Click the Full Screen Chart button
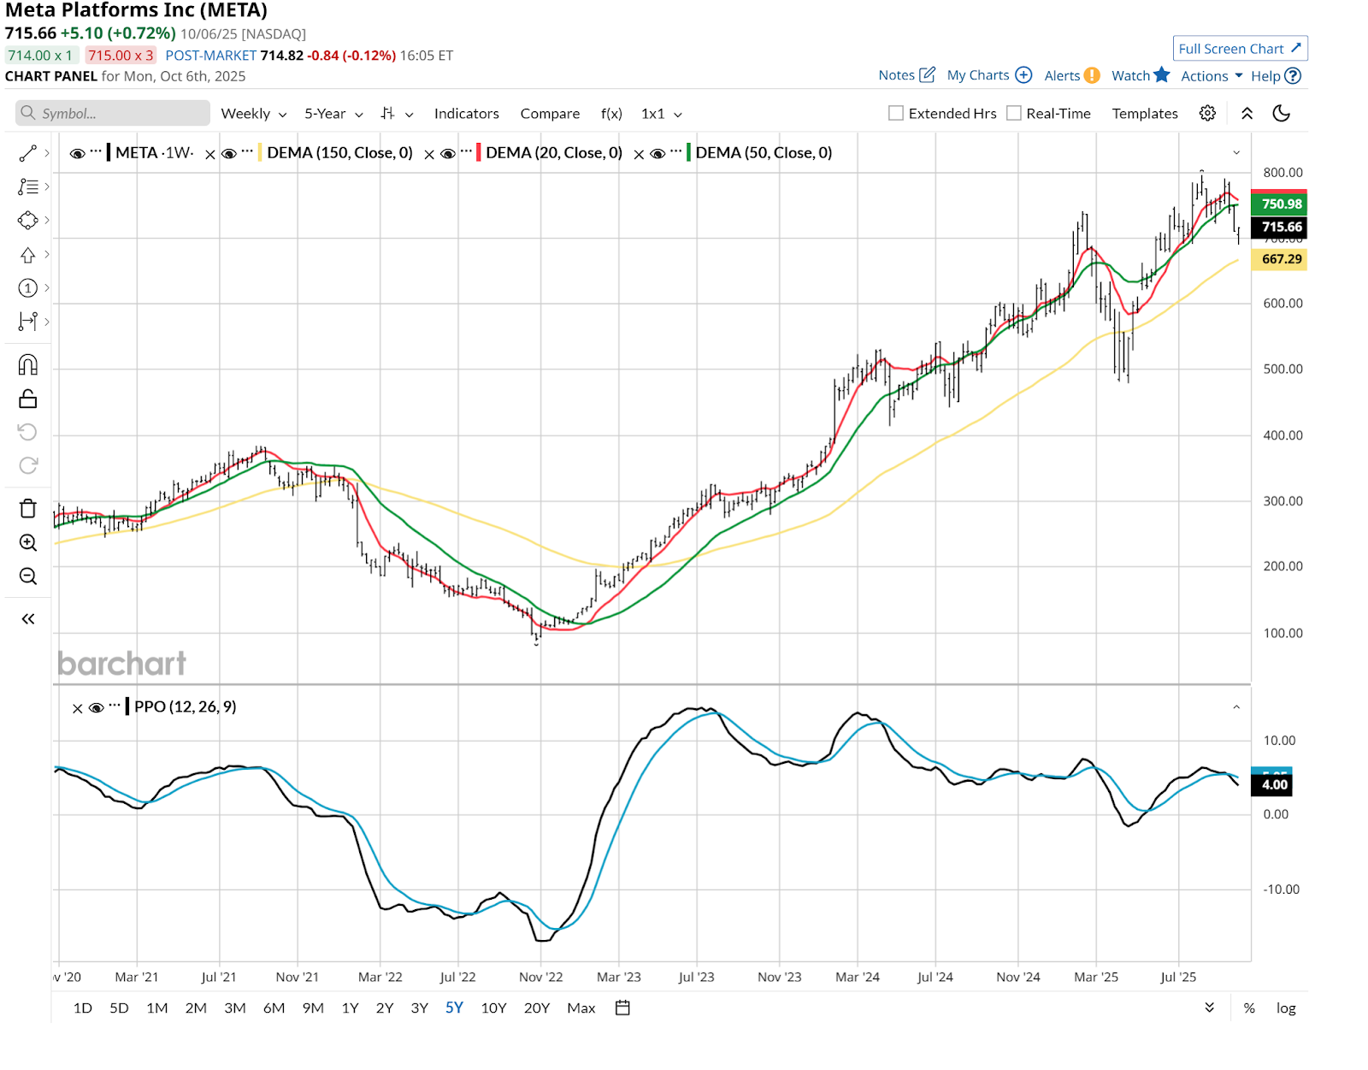(x=1239, y=49)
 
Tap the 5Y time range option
(x=454, y=1008)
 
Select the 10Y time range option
(x=493, y=1008)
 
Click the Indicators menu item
(x=466, y=114)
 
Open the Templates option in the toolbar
(x=1144, y=114)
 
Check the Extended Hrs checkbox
(x=896, y=114)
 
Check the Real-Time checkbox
(x=1014, y=114)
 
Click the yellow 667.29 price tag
(x=1280, y=259)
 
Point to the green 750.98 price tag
(x=1280, y=204)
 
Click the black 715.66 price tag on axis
(x=1280, y=228)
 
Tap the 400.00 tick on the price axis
(x=1282, y=435)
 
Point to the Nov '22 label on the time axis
(x=540, y=977)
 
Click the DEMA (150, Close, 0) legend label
(x=339, y=153)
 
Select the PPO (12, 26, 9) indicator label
(x=185, y=706)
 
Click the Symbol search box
(x=113, y=114)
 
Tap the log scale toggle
(x=1285, y=1008)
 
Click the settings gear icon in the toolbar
(x=1207, y=114)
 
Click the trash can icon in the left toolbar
(x=28, y=509)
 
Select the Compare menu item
(x=550, y=114)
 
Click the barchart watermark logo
(x=121, y=664)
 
